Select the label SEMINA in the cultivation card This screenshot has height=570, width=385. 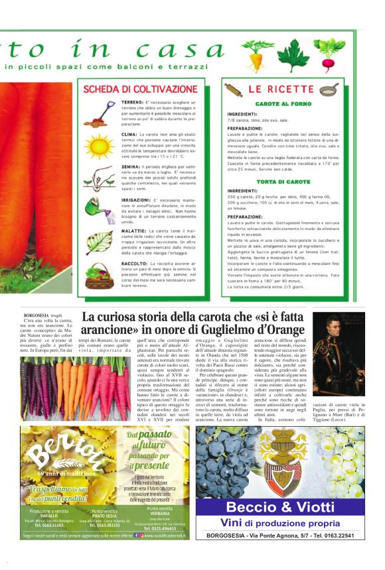[x=131, y=166]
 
